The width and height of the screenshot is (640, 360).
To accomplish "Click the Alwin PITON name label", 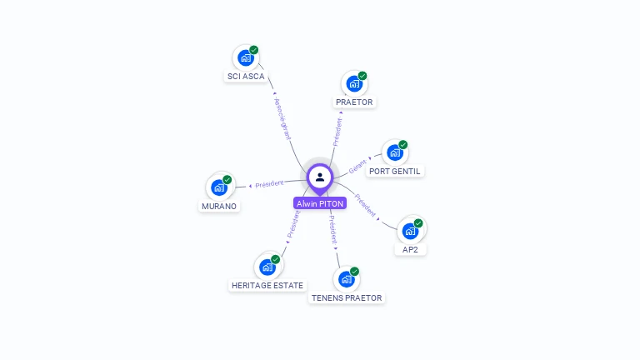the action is point(320,203).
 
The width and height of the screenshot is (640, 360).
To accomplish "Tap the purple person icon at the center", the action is point(320,177).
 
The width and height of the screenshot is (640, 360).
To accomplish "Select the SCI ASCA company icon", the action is point(245,57).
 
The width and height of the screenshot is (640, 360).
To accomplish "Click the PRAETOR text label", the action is point(355,102).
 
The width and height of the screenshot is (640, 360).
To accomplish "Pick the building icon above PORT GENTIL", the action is point(394,152).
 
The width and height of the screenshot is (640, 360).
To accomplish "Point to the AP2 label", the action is point(410,249).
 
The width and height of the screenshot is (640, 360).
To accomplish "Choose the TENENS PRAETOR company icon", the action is point(346,279).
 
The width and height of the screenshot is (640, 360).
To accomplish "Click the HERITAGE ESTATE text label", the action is point(267,286).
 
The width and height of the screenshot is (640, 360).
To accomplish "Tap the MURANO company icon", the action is point(218,187).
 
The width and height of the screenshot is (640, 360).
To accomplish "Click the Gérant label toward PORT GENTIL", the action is point(357,167).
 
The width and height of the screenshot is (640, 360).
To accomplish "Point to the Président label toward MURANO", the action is point(269,183).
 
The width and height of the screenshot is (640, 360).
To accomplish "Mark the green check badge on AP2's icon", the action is point(418,222).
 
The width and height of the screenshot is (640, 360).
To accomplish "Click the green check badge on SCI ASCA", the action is point(254,50).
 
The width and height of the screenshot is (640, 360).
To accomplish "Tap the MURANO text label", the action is point(219,207).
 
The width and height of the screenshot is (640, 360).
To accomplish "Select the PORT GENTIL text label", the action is point(396,172).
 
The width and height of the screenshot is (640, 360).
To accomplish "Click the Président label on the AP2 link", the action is point(365,205).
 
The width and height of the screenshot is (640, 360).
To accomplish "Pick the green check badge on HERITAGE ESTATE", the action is point(275,259).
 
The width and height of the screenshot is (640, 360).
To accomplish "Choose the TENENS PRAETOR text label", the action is point(347,298).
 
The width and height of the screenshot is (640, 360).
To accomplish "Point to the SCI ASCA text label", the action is point(246,77).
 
